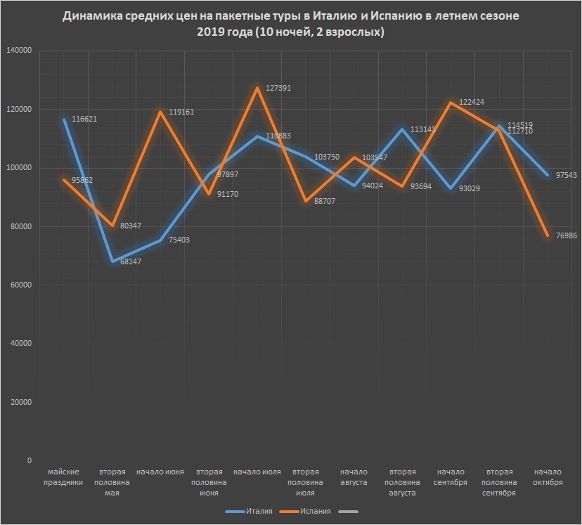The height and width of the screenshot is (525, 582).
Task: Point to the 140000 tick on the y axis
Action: coord(19,51)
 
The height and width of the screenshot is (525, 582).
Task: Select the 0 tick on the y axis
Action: coord(29,460)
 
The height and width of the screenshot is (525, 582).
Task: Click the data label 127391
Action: coord(279,89)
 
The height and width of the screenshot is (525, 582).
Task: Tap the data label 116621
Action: coord(84,119)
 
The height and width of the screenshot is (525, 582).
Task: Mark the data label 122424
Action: coord(474,103)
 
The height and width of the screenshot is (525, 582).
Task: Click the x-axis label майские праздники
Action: coord(65,477)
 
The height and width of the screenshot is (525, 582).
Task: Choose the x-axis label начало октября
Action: coord(548,477)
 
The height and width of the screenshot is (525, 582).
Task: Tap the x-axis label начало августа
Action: coord(354,477)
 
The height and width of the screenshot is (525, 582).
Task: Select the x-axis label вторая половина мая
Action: coord(113,482)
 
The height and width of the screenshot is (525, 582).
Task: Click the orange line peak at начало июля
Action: coord(257,88)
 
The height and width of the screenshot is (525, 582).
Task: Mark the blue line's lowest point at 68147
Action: coord(112,261)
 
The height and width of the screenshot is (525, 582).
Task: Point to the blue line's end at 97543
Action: coord(548,175)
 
